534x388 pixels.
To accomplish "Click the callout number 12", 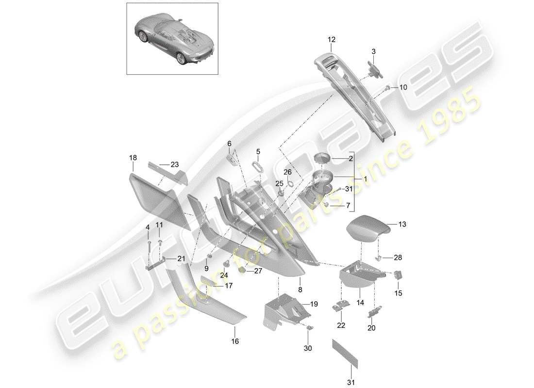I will click(x=331, y=39).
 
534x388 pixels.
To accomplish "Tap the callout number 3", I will click(x=373, y=51).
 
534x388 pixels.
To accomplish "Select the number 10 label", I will click(x=404, y=87).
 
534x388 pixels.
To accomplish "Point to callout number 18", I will click(x=133, y=158).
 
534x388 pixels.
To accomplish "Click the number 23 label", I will click(x=175, y=164).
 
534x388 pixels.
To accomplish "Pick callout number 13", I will click(x=402, y=225).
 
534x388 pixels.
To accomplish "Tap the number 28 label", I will click(x=398, y=258).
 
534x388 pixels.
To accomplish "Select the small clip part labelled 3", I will click(x=374, y=68).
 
